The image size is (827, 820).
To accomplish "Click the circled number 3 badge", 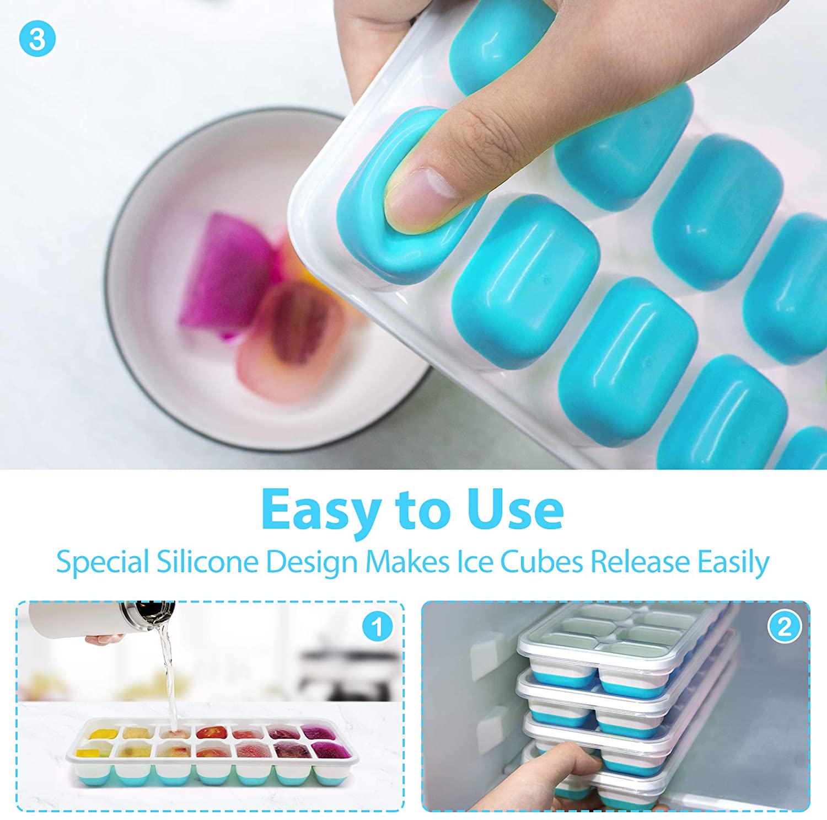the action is [x=37, y=39].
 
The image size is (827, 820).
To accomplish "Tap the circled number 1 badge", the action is [x=378, y=627].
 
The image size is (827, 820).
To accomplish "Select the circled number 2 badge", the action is [x=784, y=627].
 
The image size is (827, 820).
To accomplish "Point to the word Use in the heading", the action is [x=515, y=509].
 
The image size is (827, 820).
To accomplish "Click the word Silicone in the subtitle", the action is [x=207, y=562].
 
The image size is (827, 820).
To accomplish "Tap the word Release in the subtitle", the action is [x=640, y=562].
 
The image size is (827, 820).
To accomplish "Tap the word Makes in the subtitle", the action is [x=407, y=562].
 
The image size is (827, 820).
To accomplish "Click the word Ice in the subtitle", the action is [x=475, y=562].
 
